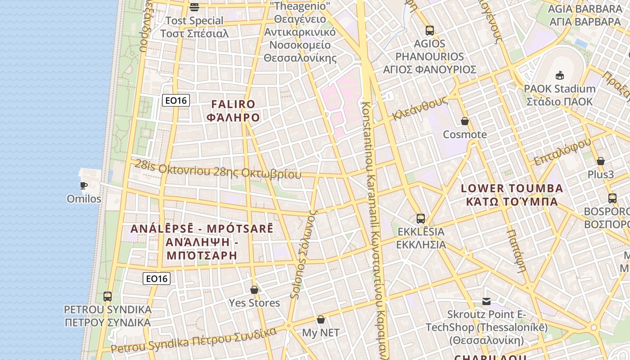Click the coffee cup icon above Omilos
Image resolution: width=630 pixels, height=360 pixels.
point(84,185)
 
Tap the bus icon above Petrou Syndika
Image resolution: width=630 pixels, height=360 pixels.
point(108,297)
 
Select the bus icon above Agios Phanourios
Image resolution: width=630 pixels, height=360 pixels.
point(430,31)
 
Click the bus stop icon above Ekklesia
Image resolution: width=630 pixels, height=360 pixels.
point(421,219)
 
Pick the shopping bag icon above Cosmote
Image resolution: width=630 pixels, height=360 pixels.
point(465,121)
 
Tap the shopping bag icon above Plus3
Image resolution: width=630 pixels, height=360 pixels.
point(601,161)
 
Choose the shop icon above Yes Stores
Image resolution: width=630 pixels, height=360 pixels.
point(254,290)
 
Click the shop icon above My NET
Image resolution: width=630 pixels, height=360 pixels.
point(321,319)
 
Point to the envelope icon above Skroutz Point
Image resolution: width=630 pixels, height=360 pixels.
point(486,301)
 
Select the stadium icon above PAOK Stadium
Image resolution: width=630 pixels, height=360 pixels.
point(560,75)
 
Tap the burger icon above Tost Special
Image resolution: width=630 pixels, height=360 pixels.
point(194,7)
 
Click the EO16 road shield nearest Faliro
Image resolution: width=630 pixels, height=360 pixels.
point(176,100)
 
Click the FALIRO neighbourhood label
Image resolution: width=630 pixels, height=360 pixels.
point(233,111)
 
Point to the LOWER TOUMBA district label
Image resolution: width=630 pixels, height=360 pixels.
point(512,194)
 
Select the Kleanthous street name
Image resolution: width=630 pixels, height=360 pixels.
point(420,108)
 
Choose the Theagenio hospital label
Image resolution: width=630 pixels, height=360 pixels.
point(300,32)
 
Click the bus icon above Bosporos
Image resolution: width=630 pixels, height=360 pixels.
point(612,198)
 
